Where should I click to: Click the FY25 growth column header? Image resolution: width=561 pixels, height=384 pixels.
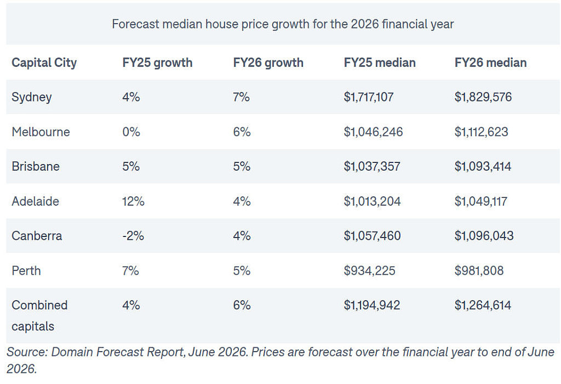[x=157, y=63]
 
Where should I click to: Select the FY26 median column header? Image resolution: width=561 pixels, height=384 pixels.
[x=490, y=63]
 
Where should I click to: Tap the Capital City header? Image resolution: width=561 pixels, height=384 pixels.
[x=44, y=63]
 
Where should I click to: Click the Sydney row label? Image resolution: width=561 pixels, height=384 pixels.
[x=31, y=97]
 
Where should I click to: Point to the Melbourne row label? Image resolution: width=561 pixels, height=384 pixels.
[x=41, y=132]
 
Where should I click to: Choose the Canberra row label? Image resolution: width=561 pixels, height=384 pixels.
[x=37, y=235]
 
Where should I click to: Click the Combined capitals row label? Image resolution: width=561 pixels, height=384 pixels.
[x=39, y=315]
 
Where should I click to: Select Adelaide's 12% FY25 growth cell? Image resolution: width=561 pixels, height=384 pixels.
[x=133, y=201]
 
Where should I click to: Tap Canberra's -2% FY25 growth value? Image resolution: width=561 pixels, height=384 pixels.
[x=133, y=235]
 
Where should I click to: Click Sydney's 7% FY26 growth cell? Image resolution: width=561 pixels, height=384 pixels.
[x=242, y=97]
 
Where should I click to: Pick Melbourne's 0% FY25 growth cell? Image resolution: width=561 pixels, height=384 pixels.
[x=131, y=132]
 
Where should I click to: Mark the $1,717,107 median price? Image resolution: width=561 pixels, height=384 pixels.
[x=369, y=97]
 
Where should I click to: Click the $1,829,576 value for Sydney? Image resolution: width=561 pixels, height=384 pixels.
[x=483, y=97]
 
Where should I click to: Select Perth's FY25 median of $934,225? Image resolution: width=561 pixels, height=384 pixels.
[x=370, y=270]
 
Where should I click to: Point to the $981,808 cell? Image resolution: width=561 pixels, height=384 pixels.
[x=479, y=270]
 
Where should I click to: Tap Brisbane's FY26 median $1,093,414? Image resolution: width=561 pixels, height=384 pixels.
[x=483, y=166]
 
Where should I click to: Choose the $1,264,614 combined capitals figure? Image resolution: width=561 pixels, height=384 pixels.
[x=483, y=305]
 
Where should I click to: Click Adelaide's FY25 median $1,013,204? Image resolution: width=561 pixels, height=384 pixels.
[x=372, y=201]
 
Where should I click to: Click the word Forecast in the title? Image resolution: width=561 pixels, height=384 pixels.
[x=135, y=24]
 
